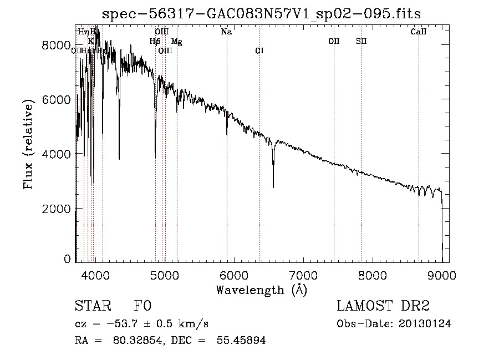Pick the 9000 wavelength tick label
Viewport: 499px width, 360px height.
(442, 273)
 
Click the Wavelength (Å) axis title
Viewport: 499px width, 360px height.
(261, 290)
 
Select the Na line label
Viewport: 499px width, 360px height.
(226, 32)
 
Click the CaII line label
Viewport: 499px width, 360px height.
(419, 32)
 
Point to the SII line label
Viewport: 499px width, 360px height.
(361, 41)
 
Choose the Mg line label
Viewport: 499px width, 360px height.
(176, 41)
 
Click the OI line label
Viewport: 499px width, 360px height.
(259, 50)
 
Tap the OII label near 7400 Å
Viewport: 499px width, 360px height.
(334, 41)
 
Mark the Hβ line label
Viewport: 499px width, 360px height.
(155, 41)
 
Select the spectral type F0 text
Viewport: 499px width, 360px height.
(142, 306)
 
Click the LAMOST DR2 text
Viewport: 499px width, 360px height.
(383, 306)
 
